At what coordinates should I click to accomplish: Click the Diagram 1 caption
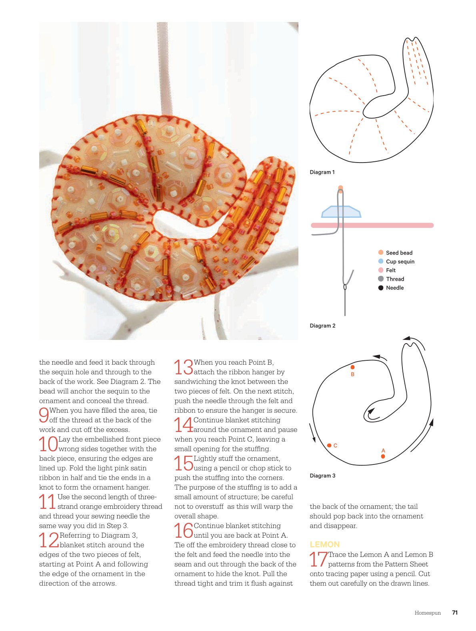(x=322, y=172)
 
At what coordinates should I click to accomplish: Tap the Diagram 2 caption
(x=322, y=326)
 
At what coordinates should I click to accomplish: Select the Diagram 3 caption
(x=322, y=476)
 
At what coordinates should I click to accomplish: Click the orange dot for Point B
(x=352, y=367)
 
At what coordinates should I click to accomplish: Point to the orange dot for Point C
(x=329, y=445)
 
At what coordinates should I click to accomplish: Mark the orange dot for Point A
(x=383, y=456)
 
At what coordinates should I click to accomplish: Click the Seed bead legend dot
(x=381, y=252)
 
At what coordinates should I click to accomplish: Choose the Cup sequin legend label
(x=400, y=261)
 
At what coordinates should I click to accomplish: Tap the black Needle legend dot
(x=381, y=288)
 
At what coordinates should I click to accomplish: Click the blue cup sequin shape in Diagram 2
(x=341, y=211)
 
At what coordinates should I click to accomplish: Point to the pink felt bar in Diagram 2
(x=372, y=225)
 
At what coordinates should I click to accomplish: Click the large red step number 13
(x=184, y=367)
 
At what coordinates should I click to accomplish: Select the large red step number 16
(x=184, y=531)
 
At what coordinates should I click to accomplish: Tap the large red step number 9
(x=44, y=415)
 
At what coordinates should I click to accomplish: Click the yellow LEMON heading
(x=324, y=545)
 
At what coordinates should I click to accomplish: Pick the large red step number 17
(x=318, y=559)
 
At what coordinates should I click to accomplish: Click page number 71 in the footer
(x=455, y=613)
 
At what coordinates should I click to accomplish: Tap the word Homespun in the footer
(x=428, y=613)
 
